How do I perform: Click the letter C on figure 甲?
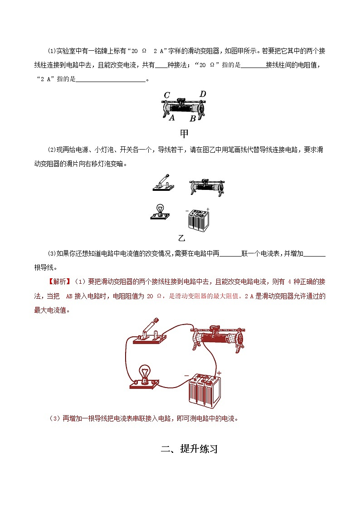[x=167, y=95]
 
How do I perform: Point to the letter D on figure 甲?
[x=203, y=94]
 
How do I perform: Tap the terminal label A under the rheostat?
[x=172, y=117]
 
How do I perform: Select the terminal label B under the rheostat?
[x=192, y=119]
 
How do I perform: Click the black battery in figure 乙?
[x=199, y=220]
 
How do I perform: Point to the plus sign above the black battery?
[x=208, y=209]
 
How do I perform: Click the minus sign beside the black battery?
[x=186, y=211]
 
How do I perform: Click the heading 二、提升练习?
[x=190, y=449]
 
